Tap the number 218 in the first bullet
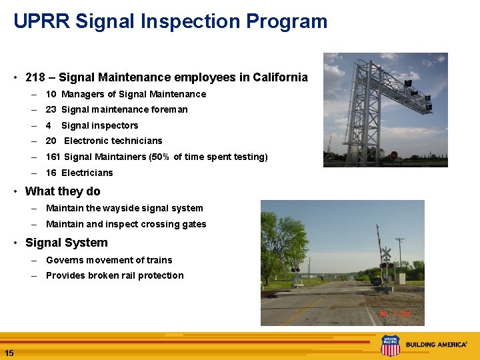click(35, 77)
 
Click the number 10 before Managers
click(51, 94)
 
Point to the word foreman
click(170, 109)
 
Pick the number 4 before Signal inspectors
click(49, 125)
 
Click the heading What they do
click(63, 191)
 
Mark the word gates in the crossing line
click(193, 224)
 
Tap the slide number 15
click(9, 353)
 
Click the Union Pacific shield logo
click(390, 345)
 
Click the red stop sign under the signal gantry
click(393, 155)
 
